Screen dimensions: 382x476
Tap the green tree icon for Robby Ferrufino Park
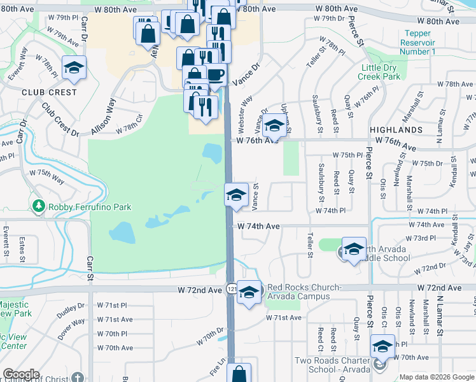[x=39, y=206]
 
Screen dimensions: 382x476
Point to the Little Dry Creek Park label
[x=380, y=72]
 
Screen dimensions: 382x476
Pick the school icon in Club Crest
[x=74, y=68]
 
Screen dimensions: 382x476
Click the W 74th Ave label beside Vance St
[x=258, y=226]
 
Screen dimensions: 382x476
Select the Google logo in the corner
[x=21, y=374]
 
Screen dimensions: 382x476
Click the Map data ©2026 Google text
[x=437, y=377]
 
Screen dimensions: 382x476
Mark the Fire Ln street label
[x=218, y=367]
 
